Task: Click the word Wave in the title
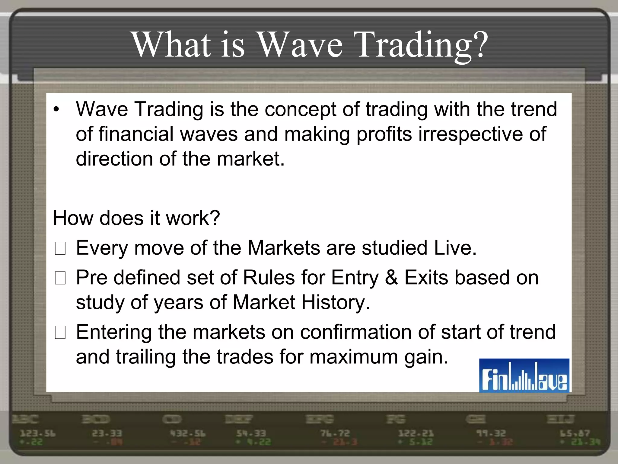click(301, 45)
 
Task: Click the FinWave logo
click(524, 375)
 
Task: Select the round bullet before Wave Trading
click(56, 110)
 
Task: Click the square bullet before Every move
click(60, 249)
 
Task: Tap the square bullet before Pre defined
click(60, 278)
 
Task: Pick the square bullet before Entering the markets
click(60, 332)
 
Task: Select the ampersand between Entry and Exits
click(391, 278)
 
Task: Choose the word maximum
click(354, 357)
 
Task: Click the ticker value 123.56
click(38, 434)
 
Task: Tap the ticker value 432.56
click(188, 434)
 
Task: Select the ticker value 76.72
click(335, 434)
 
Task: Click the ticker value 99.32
click(491, 434)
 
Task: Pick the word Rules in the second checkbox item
click(269, 278)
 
